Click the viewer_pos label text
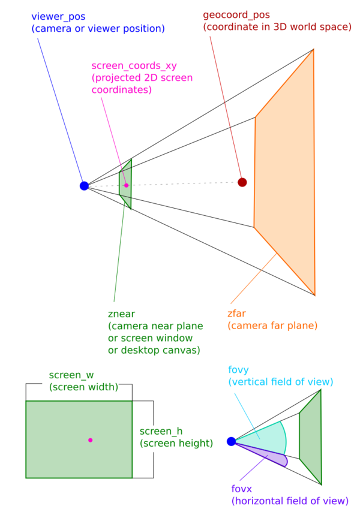[59, 17]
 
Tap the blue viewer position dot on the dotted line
[84, 186]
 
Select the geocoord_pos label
[236, 14]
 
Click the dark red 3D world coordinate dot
[242, 182]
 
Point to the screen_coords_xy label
[127, 67]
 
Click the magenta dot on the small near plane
[126, 185]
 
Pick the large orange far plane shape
[285, 174]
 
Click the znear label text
[122, 314]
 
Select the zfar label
[236, 314]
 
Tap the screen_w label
[71, 375]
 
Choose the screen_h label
[160, 432]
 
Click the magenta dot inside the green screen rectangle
[90, 440]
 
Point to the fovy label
[238, 370]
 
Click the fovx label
[241, 489]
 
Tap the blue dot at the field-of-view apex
[231, 441]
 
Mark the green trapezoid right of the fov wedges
[311, 436]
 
